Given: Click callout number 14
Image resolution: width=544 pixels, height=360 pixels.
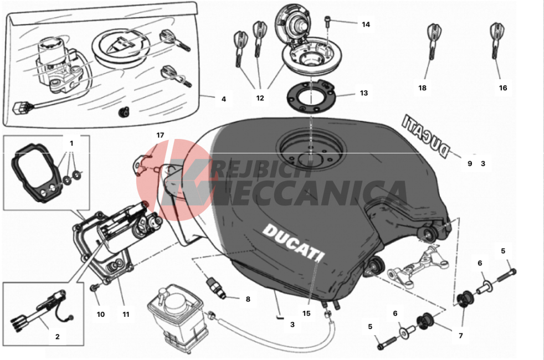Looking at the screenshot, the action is point(366,24).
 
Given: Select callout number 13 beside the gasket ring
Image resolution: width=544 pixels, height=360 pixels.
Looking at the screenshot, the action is point(363,93).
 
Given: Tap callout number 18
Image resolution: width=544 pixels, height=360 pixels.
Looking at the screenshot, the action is point(422,88).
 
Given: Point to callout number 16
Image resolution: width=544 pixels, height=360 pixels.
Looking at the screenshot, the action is point(502,88).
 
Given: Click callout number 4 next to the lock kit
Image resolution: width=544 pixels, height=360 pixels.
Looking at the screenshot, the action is point(224,99).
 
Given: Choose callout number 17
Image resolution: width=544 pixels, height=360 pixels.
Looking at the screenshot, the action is point(160,135).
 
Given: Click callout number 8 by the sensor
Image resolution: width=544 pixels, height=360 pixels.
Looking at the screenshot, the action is point(248,299).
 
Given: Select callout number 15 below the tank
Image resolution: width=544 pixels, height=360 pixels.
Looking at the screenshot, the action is point(306,313).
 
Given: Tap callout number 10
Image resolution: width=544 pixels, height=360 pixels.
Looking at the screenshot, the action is point(101,314).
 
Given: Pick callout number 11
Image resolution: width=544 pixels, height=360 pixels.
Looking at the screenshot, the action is point(126,314).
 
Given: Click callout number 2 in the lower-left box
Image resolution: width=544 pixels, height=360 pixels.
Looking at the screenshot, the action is point(58,336).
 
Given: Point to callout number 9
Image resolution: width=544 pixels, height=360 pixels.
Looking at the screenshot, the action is point(470,164).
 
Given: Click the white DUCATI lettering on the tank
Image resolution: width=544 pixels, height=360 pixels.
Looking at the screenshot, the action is point(294,241).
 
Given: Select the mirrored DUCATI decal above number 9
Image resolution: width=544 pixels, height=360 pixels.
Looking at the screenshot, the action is point(425,136).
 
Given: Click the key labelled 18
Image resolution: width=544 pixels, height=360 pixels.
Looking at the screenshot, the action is point(432,42).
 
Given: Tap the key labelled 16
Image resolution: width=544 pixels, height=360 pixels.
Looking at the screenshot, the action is point(496,41).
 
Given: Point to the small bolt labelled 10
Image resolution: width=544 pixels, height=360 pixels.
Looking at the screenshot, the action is point(94,287).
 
